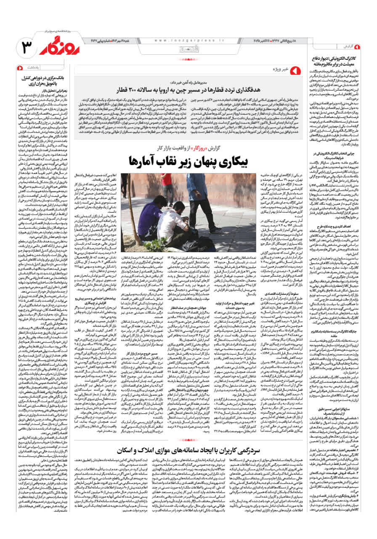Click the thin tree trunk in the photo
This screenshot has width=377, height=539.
point(130,211)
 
